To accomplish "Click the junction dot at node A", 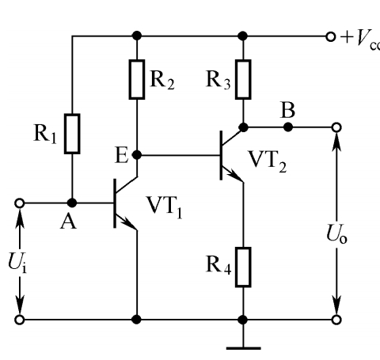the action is tap(72, 203).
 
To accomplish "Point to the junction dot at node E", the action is tap(137, 155).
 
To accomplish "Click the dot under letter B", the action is tap(288, 127).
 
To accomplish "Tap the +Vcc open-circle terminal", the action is tap(331, 36).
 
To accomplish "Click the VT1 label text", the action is tap(165, 207).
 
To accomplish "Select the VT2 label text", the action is tap(268, 161).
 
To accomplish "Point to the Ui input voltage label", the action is tap(17, 263).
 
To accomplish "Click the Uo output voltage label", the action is tap(336, 233).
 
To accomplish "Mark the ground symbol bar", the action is tap(244, 348).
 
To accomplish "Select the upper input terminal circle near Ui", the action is tap(20, 203).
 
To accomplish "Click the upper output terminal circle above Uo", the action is tap(336, 127).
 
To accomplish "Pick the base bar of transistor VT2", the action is tap(221, 155).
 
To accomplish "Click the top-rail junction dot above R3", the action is tap(243, 36).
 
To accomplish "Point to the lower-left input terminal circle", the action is tap(20, 320).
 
